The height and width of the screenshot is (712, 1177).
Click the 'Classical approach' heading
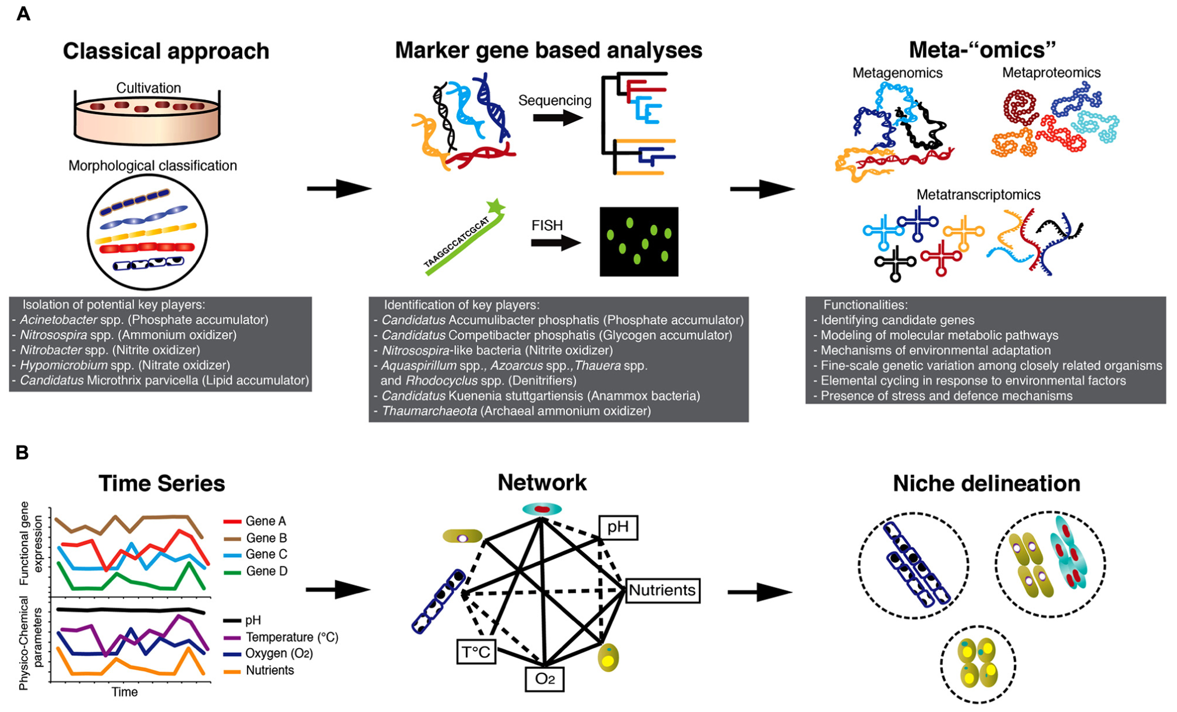pos(166,52)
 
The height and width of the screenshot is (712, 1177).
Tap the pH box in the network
pos(618,527)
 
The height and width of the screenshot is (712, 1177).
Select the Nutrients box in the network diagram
pos(662,591)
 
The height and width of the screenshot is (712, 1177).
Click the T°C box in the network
pos(476,651)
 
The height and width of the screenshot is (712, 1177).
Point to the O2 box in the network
pos(545,679)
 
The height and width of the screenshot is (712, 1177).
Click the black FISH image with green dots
pos(639,241)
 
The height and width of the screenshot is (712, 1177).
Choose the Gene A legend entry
pos(255,521)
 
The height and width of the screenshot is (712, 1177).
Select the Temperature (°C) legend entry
pos(281,637)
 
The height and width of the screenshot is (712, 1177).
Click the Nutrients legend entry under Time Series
pos(259,671)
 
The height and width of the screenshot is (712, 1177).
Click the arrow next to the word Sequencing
pos(558,118)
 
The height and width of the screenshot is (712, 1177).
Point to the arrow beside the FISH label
pos(556,243)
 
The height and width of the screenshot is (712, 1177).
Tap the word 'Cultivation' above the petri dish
pos(149,88)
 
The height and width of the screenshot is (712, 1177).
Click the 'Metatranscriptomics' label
pos(978,194)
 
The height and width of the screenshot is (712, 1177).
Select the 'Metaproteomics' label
pos(1051,73)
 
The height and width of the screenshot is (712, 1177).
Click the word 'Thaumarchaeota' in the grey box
pos(429,411)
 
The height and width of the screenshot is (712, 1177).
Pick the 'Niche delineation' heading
pos(987,484)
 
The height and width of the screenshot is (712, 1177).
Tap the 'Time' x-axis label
pos(125,692)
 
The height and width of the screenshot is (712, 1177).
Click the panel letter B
pos(23,453)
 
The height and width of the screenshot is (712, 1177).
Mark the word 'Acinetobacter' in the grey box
pos(58,320)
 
